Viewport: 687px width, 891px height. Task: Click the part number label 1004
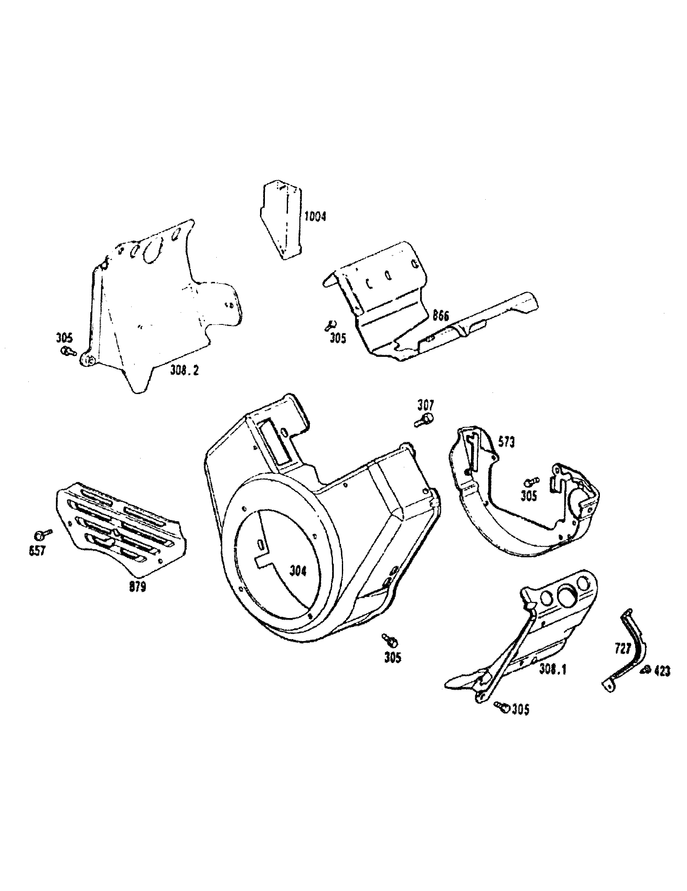pyautogui.click(x=316, y=216)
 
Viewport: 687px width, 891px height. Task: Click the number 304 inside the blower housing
pyautogui.click(x=298, y=571)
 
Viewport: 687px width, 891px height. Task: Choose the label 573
pyautogui.click(x=506, y=442)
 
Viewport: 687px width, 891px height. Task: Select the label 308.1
pyautogui.click(x=553, y=669)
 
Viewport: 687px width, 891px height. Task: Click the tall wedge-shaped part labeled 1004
pyautogui.click(x=282, y=220)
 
